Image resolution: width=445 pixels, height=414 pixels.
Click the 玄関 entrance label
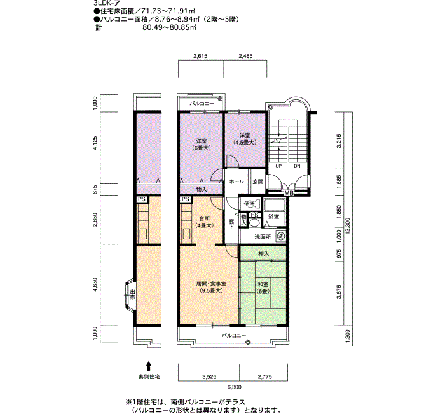pyautogui.click(x=258, y=182)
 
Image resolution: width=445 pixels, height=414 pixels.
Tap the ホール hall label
pyautogui.click(x=236, y=182)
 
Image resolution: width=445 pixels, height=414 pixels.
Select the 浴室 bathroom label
pyautogui.click(x=274, y=217)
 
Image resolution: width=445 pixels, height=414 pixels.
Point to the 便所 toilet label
pyautogui.click(x=249, y=204)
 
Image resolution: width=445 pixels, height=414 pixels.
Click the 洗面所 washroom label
pyautogui.click(x=263, y=237)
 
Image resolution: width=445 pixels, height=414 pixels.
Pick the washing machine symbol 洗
pyautogui.click(x=281, y=236)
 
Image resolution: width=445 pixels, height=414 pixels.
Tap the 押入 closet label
pyautogui.click(x=264, y=253)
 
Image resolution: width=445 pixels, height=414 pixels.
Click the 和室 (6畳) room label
pyautogui.click(x=263, y=287)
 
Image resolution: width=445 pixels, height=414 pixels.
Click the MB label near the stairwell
pyautogui.click(x=289, y=194)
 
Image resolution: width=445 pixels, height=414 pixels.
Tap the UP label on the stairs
pyautogui.click(x=278, y=166)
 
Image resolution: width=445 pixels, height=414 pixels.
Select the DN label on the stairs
pyautogui.click(x=297, y=166)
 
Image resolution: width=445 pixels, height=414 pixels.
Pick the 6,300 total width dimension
pyautogui.click(x=234, y=387)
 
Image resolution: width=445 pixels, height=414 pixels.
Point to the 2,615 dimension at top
pyautogui.click(x=200, y=56)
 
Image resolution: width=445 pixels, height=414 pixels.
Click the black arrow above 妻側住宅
pyautogui.click(x=149, y=366)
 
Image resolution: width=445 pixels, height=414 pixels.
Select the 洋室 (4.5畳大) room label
pyautogui.click(x=245, y=139)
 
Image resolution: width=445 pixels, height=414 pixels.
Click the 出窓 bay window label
pyautogui.click(x=132, y=295)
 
